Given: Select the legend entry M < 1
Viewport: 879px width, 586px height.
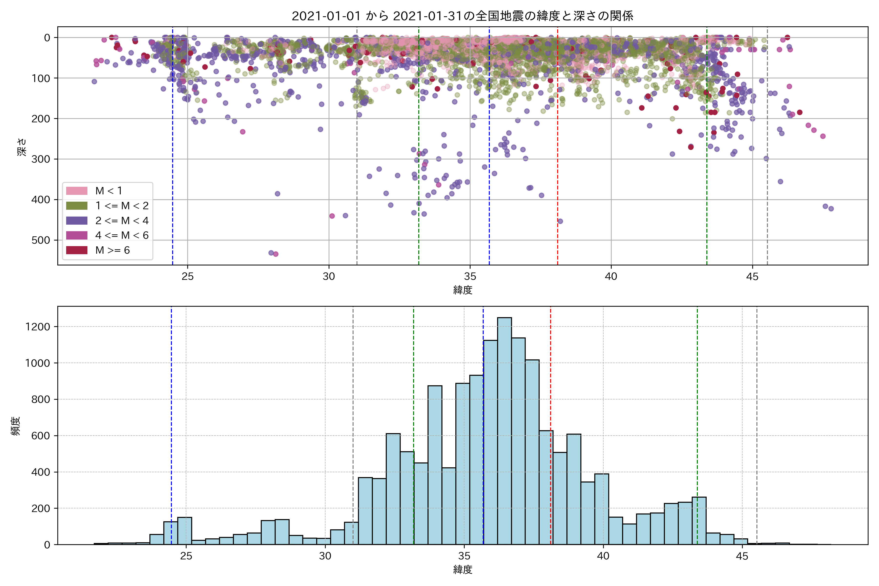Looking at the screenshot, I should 108,191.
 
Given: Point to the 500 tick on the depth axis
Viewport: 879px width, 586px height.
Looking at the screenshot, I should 41,240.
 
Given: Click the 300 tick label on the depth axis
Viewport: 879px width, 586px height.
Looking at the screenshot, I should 41,159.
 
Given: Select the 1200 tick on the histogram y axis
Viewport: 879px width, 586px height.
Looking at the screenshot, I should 37,327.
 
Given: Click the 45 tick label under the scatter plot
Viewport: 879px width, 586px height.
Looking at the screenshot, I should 752,277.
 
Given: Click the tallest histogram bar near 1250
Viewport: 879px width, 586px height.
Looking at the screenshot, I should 504,430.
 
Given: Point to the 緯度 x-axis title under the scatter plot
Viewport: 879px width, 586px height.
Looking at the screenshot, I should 463,290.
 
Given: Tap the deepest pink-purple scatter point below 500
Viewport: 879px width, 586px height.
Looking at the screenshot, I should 276,254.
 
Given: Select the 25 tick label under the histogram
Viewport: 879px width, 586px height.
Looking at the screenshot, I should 186,556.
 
